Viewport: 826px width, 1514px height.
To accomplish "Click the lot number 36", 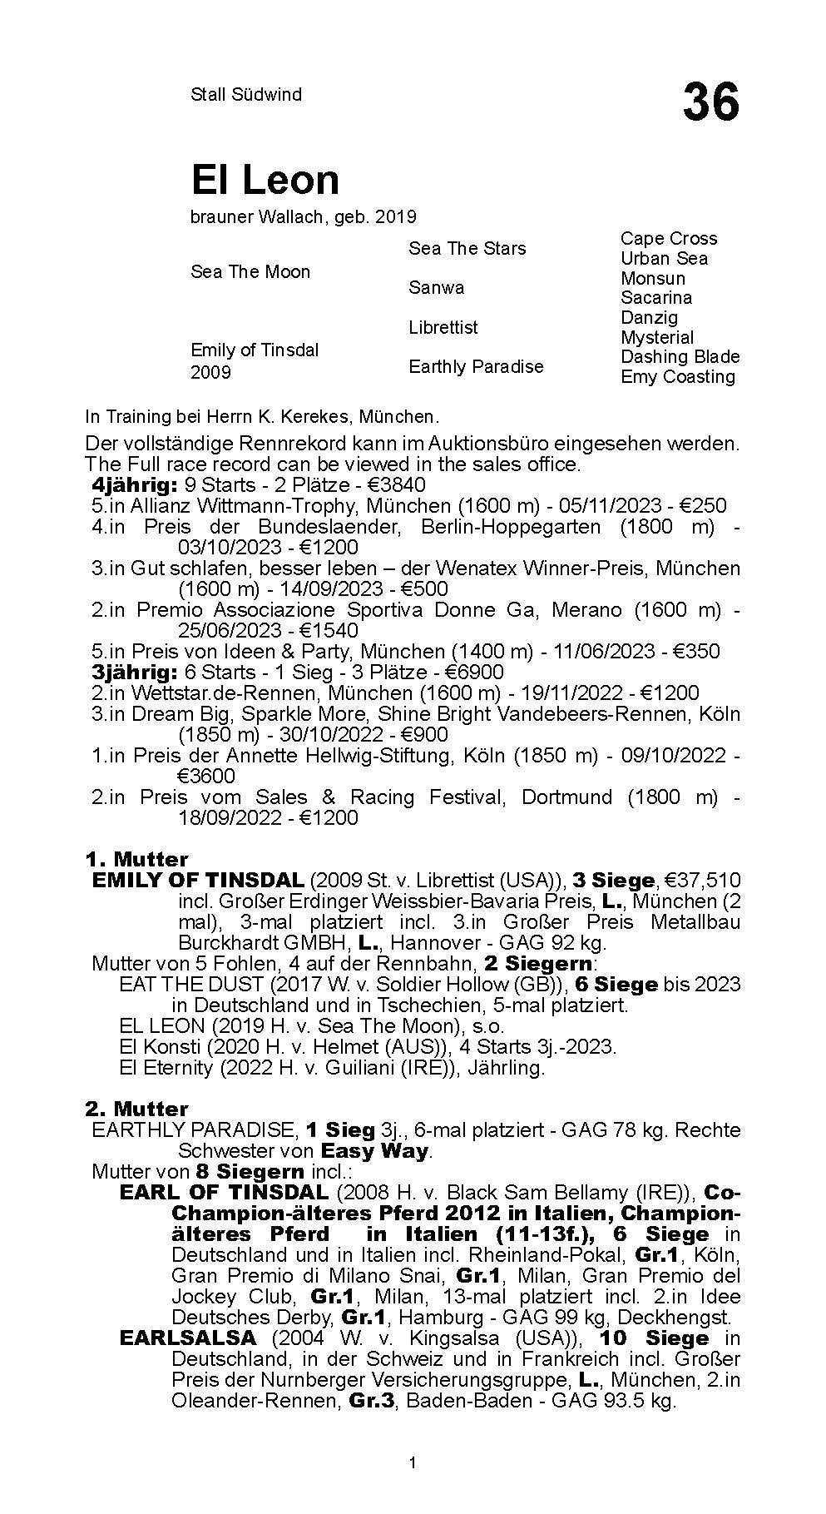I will pos(710,103).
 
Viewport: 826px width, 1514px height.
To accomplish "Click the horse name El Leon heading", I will pos(265,180).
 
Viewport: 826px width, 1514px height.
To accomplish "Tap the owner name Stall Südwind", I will pos(246,95).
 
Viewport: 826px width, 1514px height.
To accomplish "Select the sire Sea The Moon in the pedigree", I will pos(250,272).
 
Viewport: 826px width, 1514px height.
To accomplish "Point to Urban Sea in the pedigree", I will pos(664,259).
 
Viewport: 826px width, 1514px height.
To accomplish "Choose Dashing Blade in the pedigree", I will pos(680,357).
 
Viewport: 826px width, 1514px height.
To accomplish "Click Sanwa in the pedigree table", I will pos(437,288).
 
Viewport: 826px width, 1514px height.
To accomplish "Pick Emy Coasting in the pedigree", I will pos(678,377).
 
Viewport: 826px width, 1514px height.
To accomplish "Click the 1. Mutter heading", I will pos(136,860).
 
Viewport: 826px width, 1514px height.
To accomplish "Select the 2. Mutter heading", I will pos(136,1109).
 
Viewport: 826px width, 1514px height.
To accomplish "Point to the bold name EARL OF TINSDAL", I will pos(224,1193).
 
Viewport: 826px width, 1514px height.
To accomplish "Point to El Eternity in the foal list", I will pos(168,1068).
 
